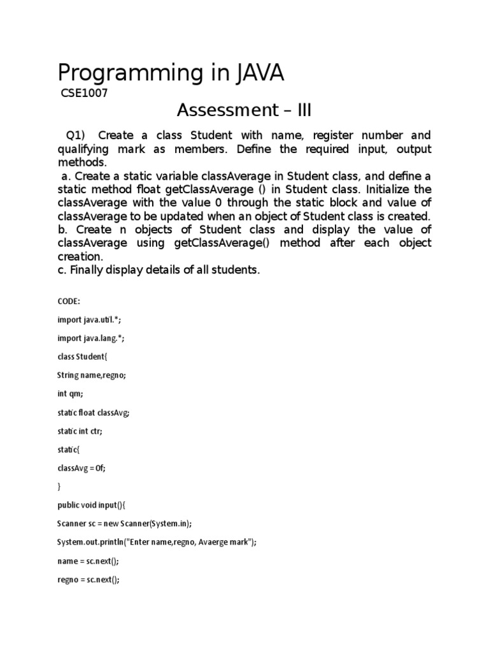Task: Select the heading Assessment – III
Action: (244, 110)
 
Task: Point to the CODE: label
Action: (69, 302)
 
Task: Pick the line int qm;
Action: (70, 394)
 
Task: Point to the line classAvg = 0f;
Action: (81, 468)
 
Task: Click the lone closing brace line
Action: (59, 487)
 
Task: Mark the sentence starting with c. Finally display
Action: (159, 270)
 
